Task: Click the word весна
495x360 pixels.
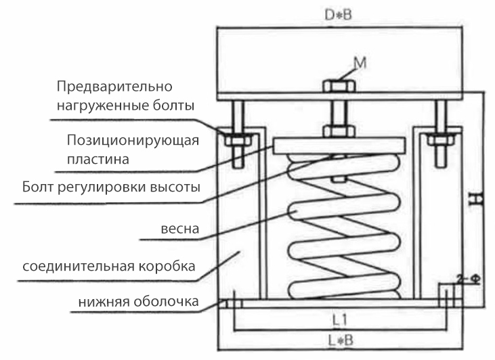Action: click(177, 228)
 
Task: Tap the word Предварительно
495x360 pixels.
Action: click(114, 87)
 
